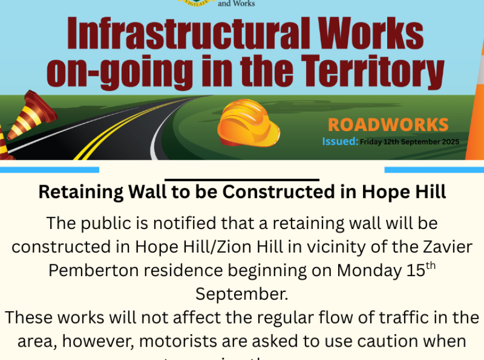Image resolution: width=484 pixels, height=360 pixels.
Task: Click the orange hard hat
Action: (248, 123)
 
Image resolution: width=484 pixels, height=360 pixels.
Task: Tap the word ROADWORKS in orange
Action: (388, 125)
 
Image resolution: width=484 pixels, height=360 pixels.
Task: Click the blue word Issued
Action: (339, 142)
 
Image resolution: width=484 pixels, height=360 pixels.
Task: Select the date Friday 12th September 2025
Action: (409, 142)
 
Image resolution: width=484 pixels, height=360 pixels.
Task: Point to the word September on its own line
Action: (241, 294)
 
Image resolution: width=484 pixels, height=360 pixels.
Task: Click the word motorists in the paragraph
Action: (178, 341)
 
